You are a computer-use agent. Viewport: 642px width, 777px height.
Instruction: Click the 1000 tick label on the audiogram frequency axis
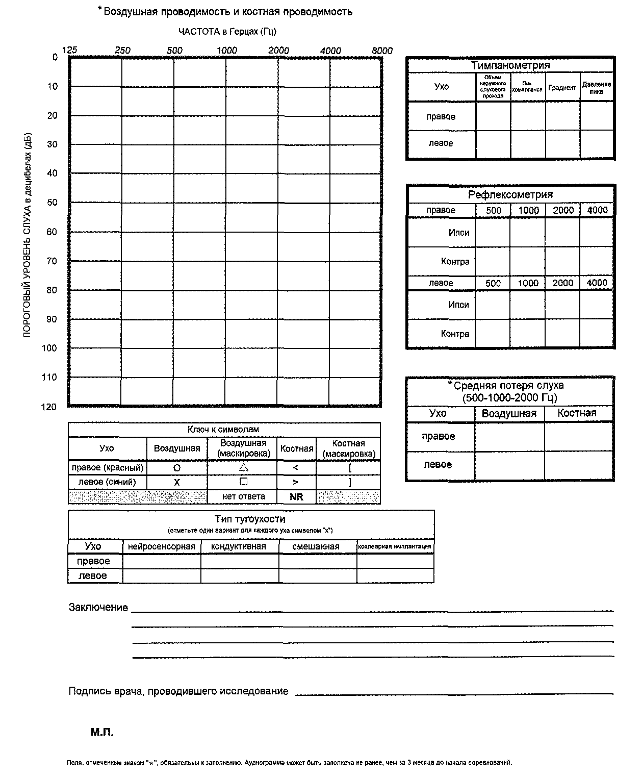227,51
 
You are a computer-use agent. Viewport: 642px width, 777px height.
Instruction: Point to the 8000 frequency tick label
382,51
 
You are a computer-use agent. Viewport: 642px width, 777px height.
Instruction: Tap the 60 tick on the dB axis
53,232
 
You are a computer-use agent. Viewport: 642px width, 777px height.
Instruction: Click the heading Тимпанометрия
510,65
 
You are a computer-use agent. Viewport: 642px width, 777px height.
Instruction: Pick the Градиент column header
562,88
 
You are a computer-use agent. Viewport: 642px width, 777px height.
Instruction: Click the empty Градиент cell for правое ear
562,116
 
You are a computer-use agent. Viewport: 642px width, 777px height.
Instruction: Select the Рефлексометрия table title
510,194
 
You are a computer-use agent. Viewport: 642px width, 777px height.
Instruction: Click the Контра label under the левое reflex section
455,334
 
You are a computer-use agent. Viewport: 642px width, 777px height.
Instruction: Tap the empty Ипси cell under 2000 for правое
562,233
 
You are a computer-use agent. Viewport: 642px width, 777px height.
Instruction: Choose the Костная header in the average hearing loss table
577,413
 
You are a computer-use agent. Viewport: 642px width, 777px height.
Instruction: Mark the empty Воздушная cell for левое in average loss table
509,465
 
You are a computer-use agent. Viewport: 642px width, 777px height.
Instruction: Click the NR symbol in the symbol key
296,497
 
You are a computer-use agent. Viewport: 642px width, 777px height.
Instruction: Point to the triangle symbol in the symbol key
243,467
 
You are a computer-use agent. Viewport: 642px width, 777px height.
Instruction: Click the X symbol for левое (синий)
177,482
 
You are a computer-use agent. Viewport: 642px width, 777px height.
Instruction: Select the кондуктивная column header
239,546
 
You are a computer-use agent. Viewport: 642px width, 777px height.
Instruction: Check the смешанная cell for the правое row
317,561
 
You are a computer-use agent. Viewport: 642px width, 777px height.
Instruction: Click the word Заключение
98,608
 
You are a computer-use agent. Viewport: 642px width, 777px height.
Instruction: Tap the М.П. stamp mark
102,733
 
